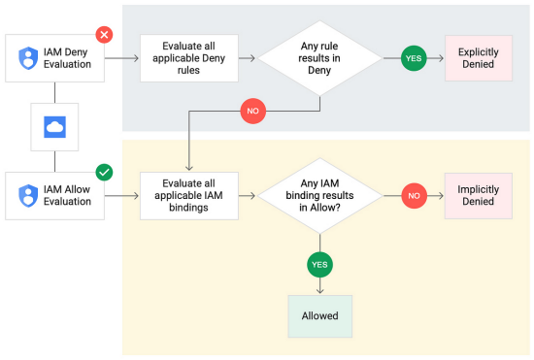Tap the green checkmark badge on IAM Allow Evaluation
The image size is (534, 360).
(x=104, y=172)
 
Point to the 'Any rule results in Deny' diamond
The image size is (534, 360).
(x=320, y=58)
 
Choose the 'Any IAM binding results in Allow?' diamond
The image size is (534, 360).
(x=320, y=195)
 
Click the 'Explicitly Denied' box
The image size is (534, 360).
(x=477, y=58)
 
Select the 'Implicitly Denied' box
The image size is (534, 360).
(x=477, y=195)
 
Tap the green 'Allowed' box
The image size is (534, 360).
(x=319, y=315)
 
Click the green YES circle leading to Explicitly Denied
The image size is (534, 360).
(x=415, y=58)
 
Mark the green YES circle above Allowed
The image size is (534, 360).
(x=319, y=262)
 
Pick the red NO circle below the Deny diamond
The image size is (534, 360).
(x=252, y=112)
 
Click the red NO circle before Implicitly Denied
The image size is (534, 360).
(x=415, y=195)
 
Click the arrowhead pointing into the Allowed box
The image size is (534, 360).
(x=319, y=289)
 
